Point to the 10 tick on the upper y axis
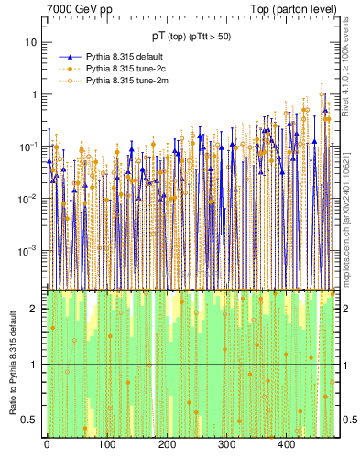[31, 43]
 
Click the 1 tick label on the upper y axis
[34, 94]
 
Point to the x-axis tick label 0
[47, 444]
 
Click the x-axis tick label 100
[106, 444]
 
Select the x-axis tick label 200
[167, 444]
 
